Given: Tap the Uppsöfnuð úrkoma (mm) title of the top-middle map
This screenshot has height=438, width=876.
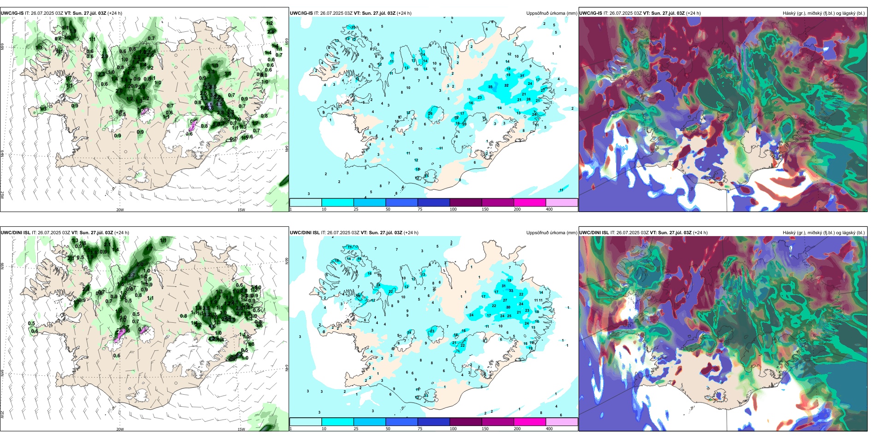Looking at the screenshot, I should click(551, 13).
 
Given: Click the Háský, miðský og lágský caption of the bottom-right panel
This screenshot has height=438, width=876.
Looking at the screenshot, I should click(823, 233).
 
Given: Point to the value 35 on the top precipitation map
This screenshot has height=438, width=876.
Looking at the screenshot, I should click(490, 87).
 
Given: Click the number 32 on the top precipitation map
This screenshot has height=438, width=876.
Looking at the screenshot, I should click(506, 86).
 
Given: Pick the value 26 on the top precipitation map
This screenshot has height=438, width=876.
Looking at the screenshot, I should click(430, 113).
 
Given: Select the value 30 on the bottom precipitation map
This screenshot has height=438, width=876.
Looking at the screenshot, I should click(508, 308).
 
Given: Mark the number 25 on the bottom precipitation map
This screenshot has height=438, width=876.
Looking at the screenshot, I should click(509, 316).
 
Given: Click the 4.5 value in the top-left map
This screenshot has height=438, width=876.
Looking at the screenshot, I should click(219, 105).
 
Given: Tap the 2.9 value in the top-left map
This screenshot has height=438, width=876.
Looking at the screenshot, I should click(105, 57).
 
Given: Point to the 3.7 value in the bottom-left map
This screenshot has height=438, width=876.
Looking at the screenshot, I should click(131, 276).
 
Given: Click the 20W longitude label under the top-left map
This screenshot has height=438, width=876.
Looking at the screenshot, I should click(120, 210).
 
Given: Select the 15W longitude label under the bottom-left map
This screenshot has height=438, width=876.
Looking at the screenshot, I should click(241, 429).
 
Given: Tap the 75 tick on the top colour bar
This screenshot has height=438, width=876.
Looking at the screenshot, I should click(420, 209).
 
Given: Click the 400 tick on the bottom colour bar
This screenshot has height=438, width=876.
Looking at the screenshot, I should click(549, 429).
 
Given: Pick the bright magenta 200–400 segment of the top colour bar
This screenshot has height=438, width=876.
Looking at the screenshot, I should click(530, 202).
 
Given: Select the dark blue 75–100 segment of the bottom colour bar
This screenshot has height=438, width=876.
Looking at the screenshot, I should click(433, 422).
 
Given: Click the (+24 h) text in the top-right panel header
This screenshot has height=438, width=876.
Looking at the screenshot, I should click(693, 13).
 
